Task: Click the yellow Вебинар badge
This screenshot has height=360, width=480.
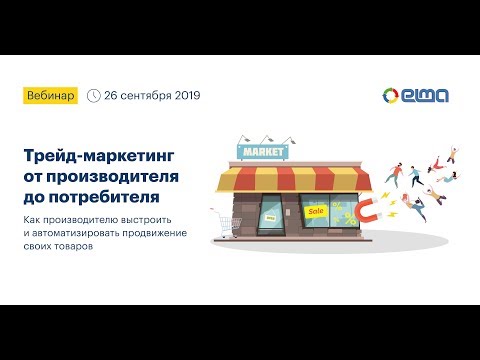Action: [x=51, y=96]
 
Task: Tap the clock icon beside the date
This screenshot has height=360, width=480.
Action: [x=94, y=96]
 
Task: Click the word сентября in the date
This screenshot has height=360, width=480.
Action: [x=145, y=96]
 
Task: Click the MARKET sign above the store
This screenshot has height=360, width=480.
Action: [x=261, y=153]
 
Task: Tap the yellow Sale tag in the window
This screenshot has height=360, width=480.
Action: [x=316, y=211]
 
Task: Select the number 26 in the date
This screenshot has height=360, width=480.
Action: [x=112, y=96]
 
